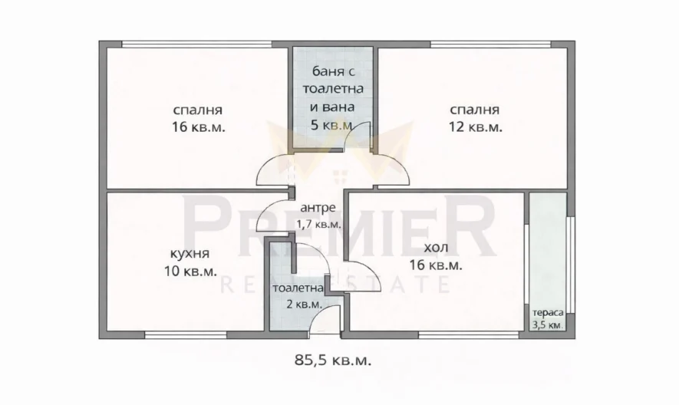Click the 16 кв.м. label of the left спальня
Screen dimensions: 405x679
(x=198, y=127)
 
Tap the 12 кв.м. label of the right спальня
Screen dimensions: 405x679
(x=475, y=127)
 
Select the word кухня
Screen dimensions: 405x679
(x=188, y=252)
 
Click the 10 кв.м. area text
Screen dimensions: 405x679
(x=188, y=271)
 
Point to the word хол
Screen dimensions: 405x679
(x=433, y=248)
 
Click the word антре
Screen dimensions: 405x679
(x=317, y=207)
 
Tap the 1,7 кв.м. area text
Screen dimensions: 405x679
(x=318, y=224)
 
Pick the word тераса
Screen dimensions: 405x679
(x=549, y=313)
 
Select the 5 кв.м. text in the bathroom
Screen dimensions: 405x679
(x=331, y=124)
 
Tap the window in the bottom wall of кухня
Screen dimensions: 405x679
(x=186, y=334)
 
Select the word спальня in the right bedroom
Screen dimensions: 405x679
(x=475, y=109)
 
